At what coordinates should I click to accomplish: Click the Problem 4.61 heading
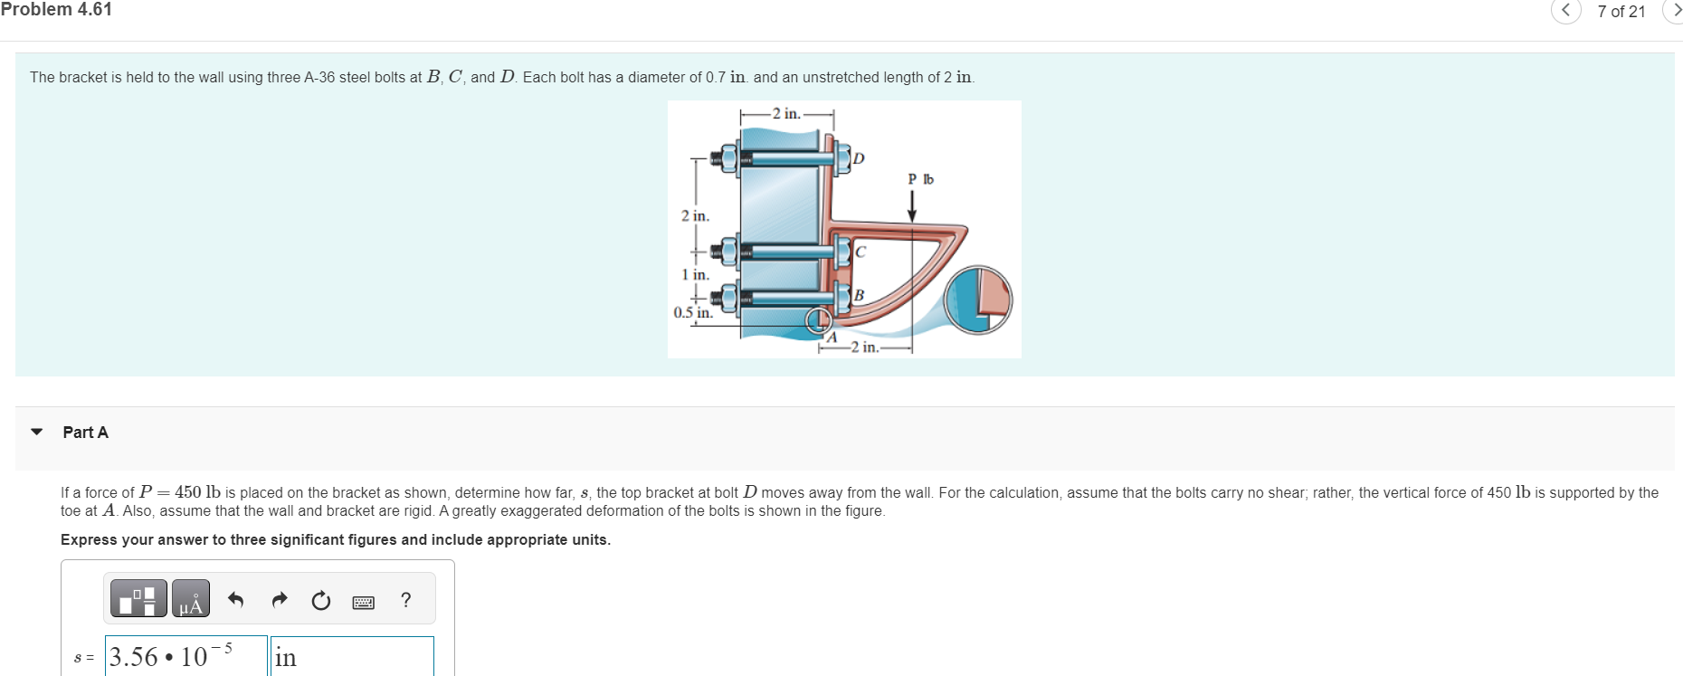pos(56,10)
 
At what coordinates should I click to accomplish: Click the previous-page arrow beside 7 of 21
pos(1565,11)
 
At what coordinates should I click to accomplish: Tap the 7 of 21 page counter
pos(1621,12)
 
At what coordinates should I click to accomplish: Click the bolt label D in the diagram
pos(859,158)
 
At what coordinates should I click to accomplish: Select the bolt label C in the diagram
pos(861,252)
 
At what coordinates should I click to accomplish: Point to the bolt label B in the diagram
pos(859,295)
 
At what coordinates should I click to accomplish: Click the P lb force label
pos(920,179)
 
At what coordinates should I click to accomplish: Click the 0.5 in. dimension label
pos(692,312)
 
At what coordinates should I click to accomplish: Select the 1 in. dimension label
pos(695,274)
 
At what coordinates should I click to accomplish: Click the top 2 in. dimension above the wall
pos(786,114)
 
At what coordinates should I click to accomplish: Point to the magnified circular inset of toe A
pos(977,300)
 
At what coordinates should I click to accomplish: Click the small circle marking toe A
pos(818,319)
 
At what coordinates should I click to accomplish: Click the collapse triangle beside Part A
pos(37,432)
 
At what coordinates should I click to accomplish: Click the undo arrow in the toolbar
pos(236,599)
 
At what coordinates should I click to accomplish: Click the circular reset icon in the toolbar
pos(320,600)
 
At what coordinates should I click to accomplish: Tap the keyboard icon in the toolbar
pos(363,602)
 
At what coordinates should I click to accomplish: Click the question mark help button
pos(405,599)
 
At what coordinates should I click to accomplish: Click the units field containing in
pos(352,656)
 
